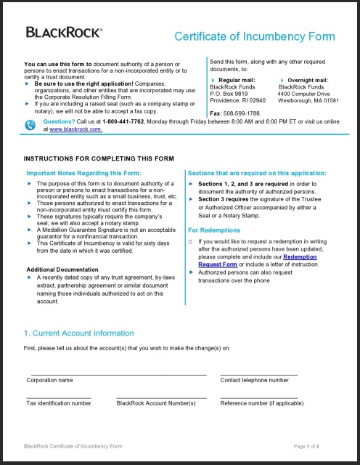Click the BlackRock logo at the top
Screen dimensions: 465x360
(x=64, y=32)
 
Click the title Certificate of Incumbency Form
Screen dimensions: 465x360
(x=255, y=37)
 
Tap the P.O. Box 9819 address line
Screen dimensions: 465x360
(x=229, y=94)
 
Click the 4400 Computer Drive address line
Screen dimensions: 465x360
(x=303, y=94)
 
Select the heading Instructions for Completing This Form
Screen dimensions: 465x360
(x=99, y=158)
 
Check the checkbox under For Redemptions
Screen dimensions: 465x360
(x=190, y=240)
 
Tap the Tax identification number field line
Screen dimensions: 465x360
(x=59, y=396)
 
